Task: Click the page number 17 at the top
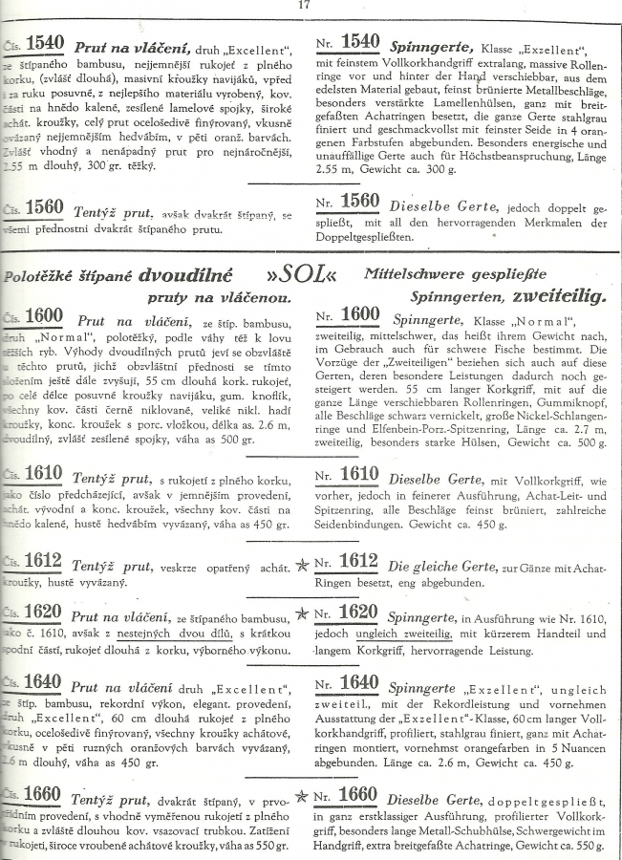[305, 7]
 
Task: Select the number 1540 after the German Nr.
[361, 43]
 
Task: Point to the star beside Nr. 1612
[302, 566]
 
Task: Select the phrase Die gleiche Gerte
[443, 566]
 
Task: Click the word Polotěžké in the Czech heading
[39, 277]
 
